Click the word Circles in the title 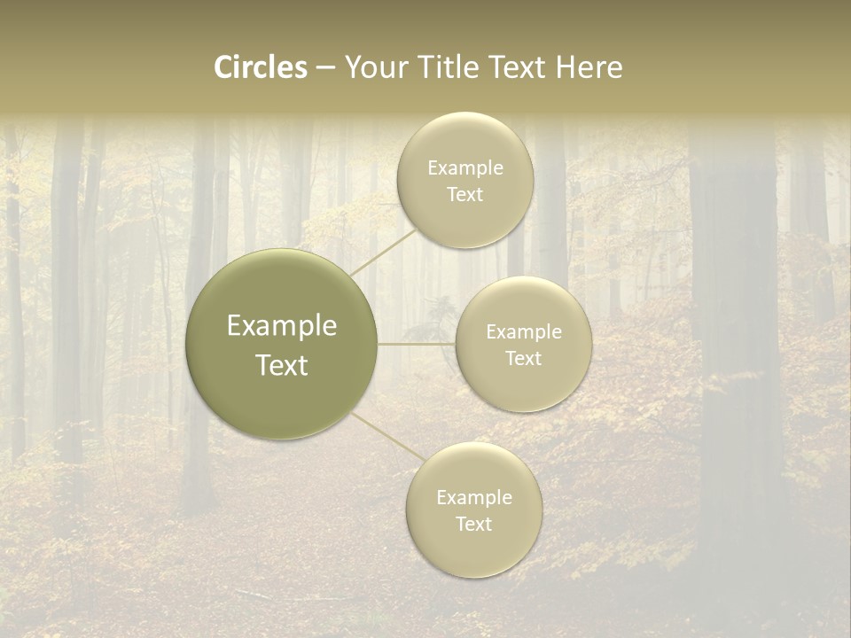click(260, 66)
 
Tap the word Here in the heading click(589, 66)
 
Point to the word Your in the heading click(377, 66)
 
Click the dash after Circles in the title click(325, 68)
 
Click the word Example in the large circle click(281, 326)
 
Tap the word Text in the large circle click(281, 365)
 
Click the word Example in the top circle click(465, 168)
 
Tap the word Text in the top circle click(465, 195)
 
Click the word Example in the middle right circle click(523, 332)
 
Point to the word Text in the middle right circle click(523, 359)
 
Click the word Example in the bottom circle click(473, 498)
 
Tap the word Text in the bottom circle click(473, 525)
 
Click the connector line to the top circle click(383, 251)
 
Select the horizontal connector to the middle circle click(417, 344)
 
